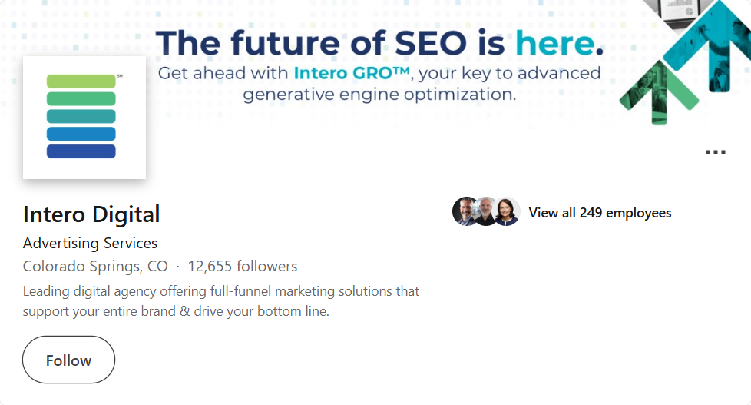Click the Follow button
[x=68, y=360]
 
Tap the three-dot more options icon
[x=715, y=152]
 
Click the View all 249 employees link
[x=600, y=213]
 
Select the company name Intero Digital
[x=91, y=214]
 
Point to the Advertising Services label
[x=90, y=243]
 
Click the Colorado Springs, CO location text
[x=95, y=267]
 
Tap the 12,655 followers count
[x=242, y=267]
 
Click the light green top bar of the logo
[x=81, y=81]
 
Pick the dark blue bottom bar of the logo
[x=81, y=151]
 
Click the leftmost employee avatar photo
[x=465, y=211]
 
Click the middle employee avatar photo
[x=486, y=211]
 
